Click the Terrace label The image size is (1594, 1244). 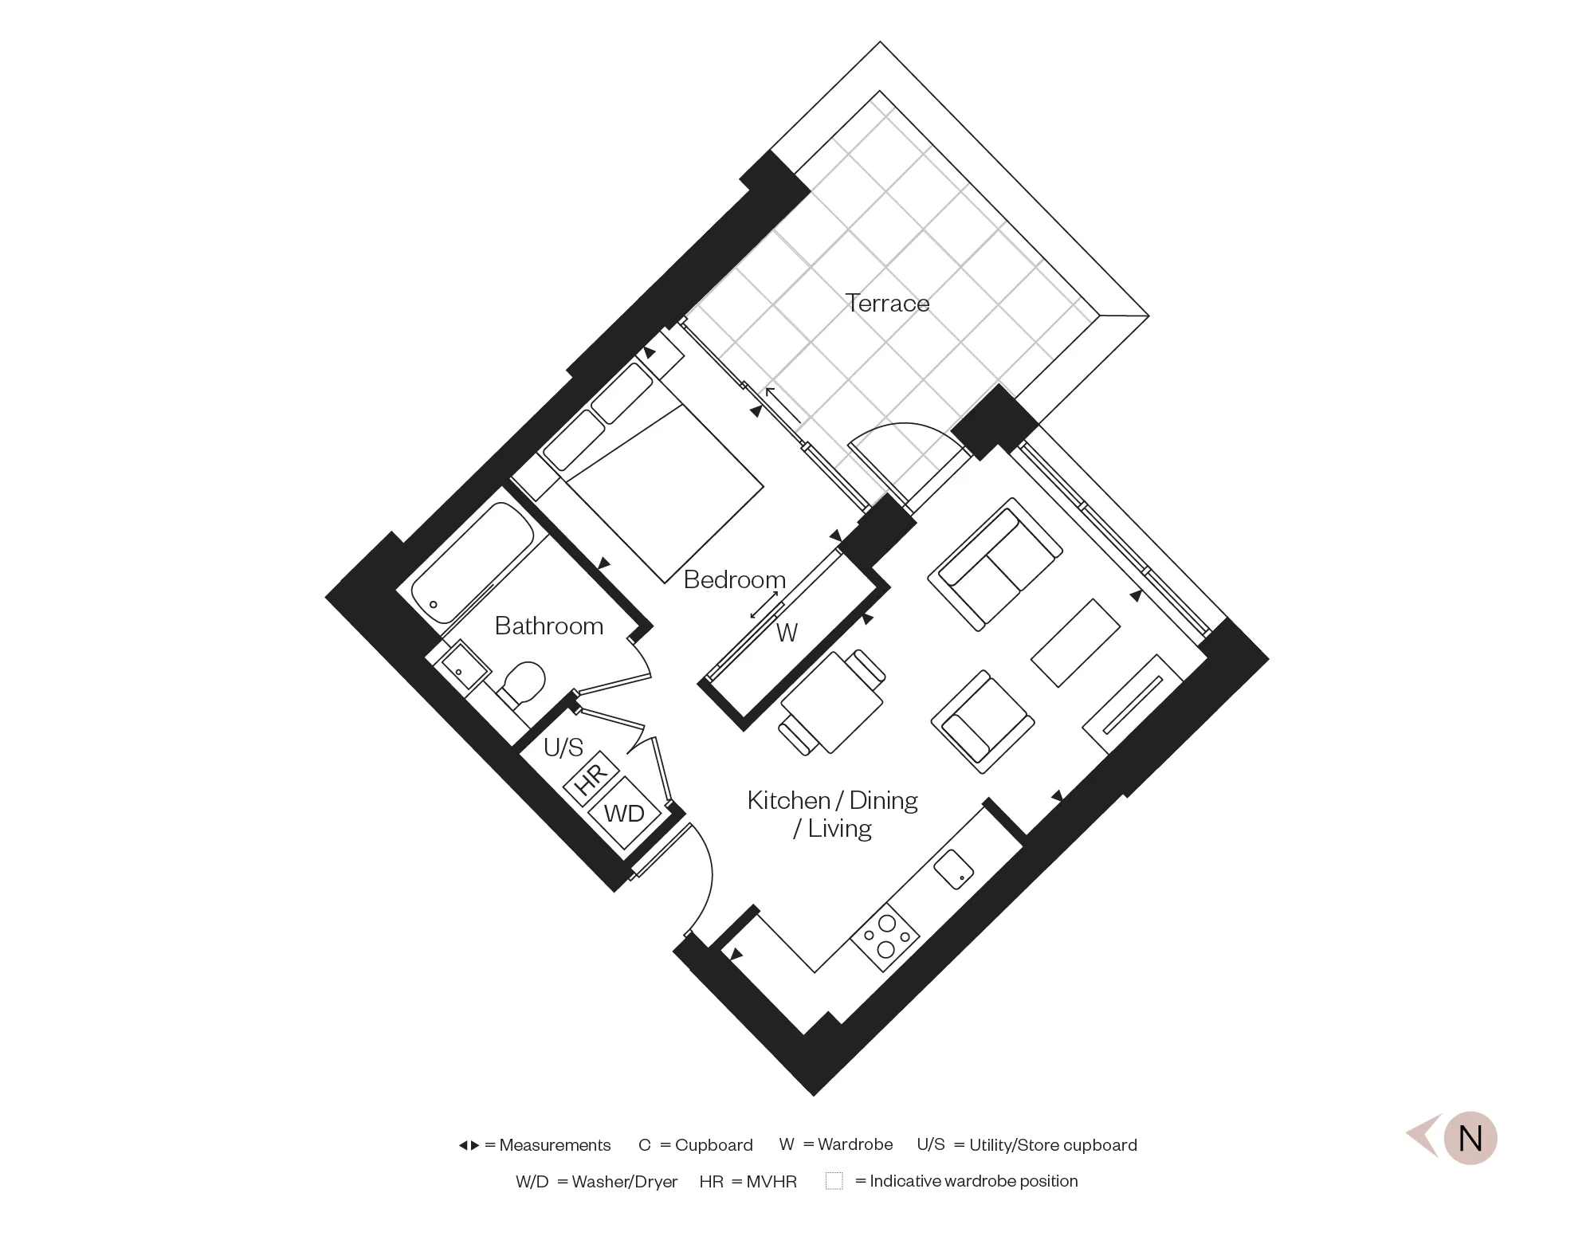pyautogui.click(x=887, y=304)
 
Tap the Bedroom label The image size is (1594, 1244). pyautogui.click(x=734, y=579)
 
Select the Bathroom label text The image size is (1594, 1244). pyautogui.click(x=548, y=626)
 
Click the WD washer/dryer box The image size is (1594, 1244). pyautogui.click(x=624, y=813)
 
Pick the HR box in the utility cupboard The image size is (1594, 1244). pyautogui.click(x=591, y=776)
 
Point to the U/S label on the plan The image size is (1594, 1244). pyautogui.click(x=563, y=748)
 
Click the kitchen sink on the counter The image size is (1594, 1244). pyautogui.click(x=954, y=869)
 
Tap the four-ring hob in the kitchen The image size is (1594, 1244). pyautogui.click(x=885, y=936)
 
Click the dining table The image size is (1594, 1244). pyautogui.click(x=832, y=702)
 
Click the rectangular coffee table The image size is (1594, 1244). pyautogui.click(x=1076, y=644)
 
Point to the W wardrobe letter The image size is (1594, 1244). pyautogui.click(x=787, y=633)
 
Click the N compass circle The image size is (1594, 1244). pyautogui.click(x=1470, y=1138)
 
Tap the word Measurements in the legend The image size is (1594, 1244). pyautogui.click(x=555, y=1145)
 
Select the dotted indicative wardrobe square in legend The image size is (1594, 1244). pyautogui.click(x=834, y=1181)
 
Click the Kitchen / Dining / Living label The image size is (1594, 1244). pyautogui.click(x=832, y=814)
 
